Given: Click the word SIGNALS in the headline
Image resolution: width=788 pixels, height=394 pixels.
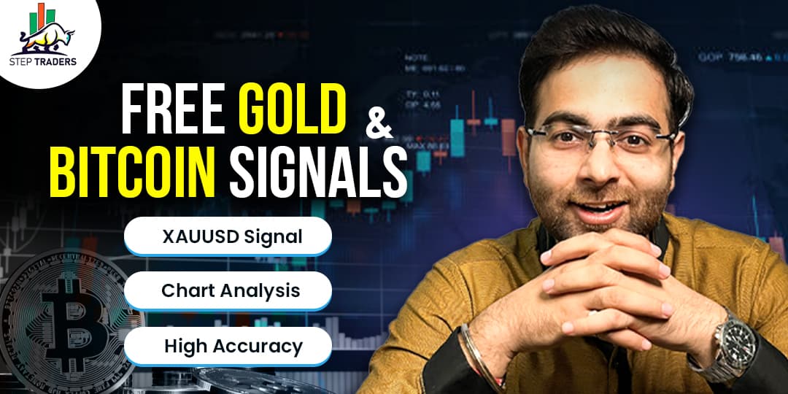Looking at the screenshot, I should pos(317,173).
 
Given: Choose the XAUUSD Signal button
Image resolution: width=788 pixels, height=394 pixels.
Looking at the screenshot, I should pos(228,236).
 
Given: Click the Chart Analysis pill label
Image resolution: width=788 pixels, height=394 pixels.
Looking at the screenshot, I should pos(228,290).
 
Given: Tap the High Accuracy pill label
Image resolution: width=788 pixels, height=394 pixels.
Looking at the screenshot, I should pos(228,346).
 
